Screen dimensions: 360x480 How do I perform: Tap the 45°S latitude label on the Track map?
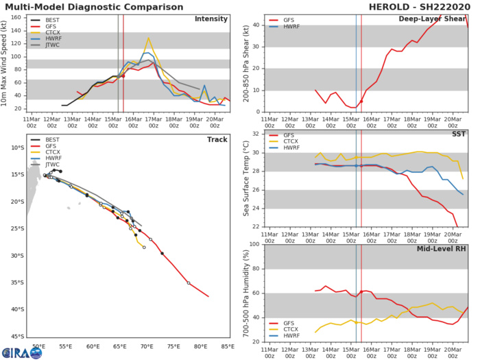(x=15, y=336)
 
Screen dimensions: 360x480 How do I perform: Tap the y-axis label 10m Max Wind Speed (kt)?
(x=5, y=63)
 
